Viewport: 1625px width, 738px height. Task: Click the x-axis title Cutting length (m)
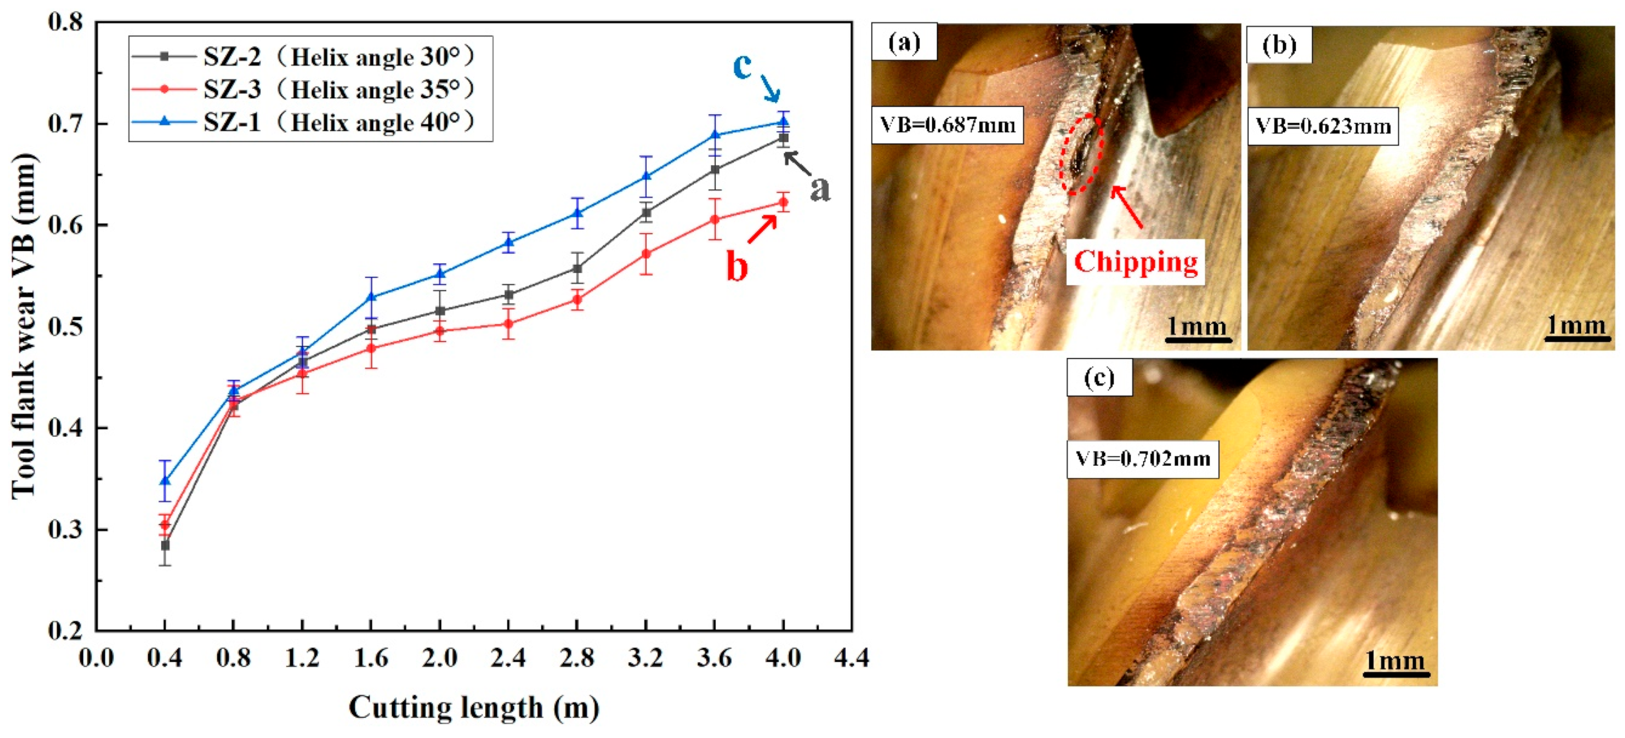coord(474,707)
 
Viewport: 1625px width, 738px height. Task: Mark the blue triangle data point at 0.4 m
coord(165,481)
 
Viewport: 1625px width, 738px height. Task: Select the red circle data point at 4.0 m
coord(783,202)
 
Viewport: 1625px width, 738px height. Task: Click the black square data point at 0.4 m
coord(165,545)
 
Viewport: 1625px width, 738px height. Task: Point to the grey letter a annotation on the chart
coord(819,188)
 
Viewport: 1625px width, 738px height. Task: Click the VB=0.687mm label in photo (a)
coord(947,126)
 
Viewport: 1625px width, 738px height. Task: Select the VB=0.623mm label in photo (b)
coord(1323,127)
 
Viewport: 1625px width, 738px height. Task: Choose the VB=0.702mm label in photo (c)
coord(1143,459)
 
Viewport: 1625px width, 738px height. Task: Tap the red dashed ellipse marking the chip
coord(1081,155)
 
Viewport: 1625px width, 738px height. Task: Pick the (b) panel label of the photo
coord(1279,45)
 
